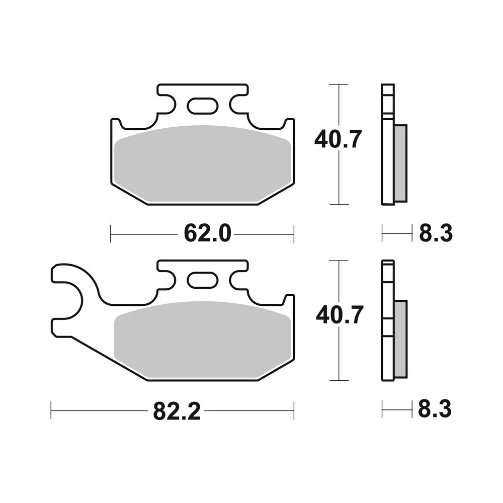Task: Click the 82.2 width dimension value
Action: click(177, 411)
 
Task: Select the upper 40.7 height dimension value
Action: click(338, 139)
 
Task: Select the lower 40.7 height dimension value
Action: click(340, 315)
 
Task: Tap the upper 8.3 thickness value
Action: click(436, 233)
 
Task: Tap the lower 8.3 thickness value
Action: click(435, 409)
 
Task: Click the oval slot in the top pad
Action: click(202, 107)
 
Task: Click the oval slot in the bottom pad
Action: click(202, 281)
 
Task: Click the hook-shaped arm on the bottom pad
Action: click(75, 297)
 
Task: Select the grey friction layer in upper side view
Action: click(400, 163)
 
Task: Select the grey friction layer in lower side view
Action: click(400, 340)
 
